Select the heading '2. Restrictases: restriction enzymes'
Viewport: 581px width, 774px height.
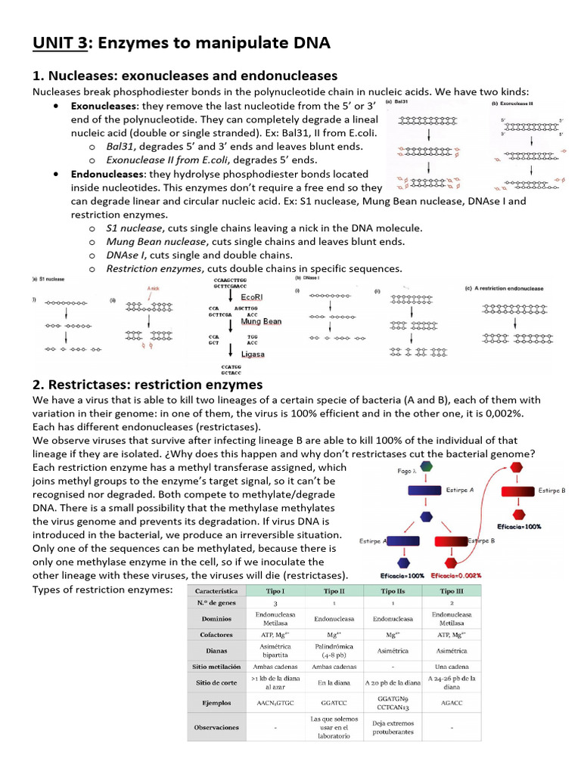[148, 384]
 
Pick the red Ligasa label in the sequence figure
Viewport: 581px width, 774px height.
[252, 353]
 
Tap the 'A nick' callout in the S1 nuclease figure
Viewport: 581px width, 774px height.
[154, 289]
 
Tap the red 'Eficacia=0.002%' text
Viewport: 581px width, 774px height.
[456, 575]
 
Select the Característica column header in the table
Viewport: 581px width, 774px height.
[217, 590]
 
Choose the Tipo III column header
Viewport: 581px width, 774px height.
[452, 590]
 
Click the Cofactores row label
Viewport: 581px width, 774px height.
[217, 635]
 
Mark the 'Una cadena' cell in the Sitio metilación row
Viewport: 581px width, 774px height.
[452, 667]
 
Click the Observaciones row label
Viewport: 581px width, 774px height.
[217, 727]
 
